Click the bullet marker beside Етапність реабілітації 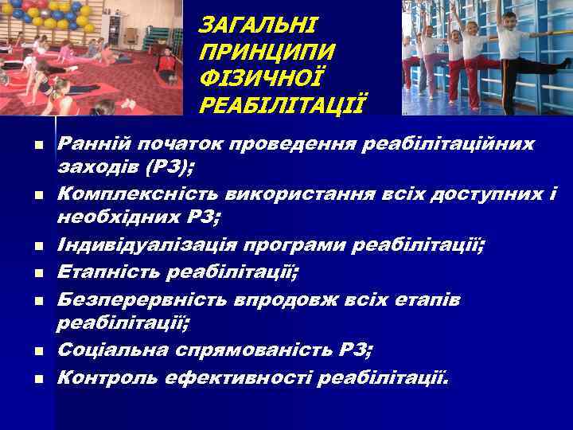37,275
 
